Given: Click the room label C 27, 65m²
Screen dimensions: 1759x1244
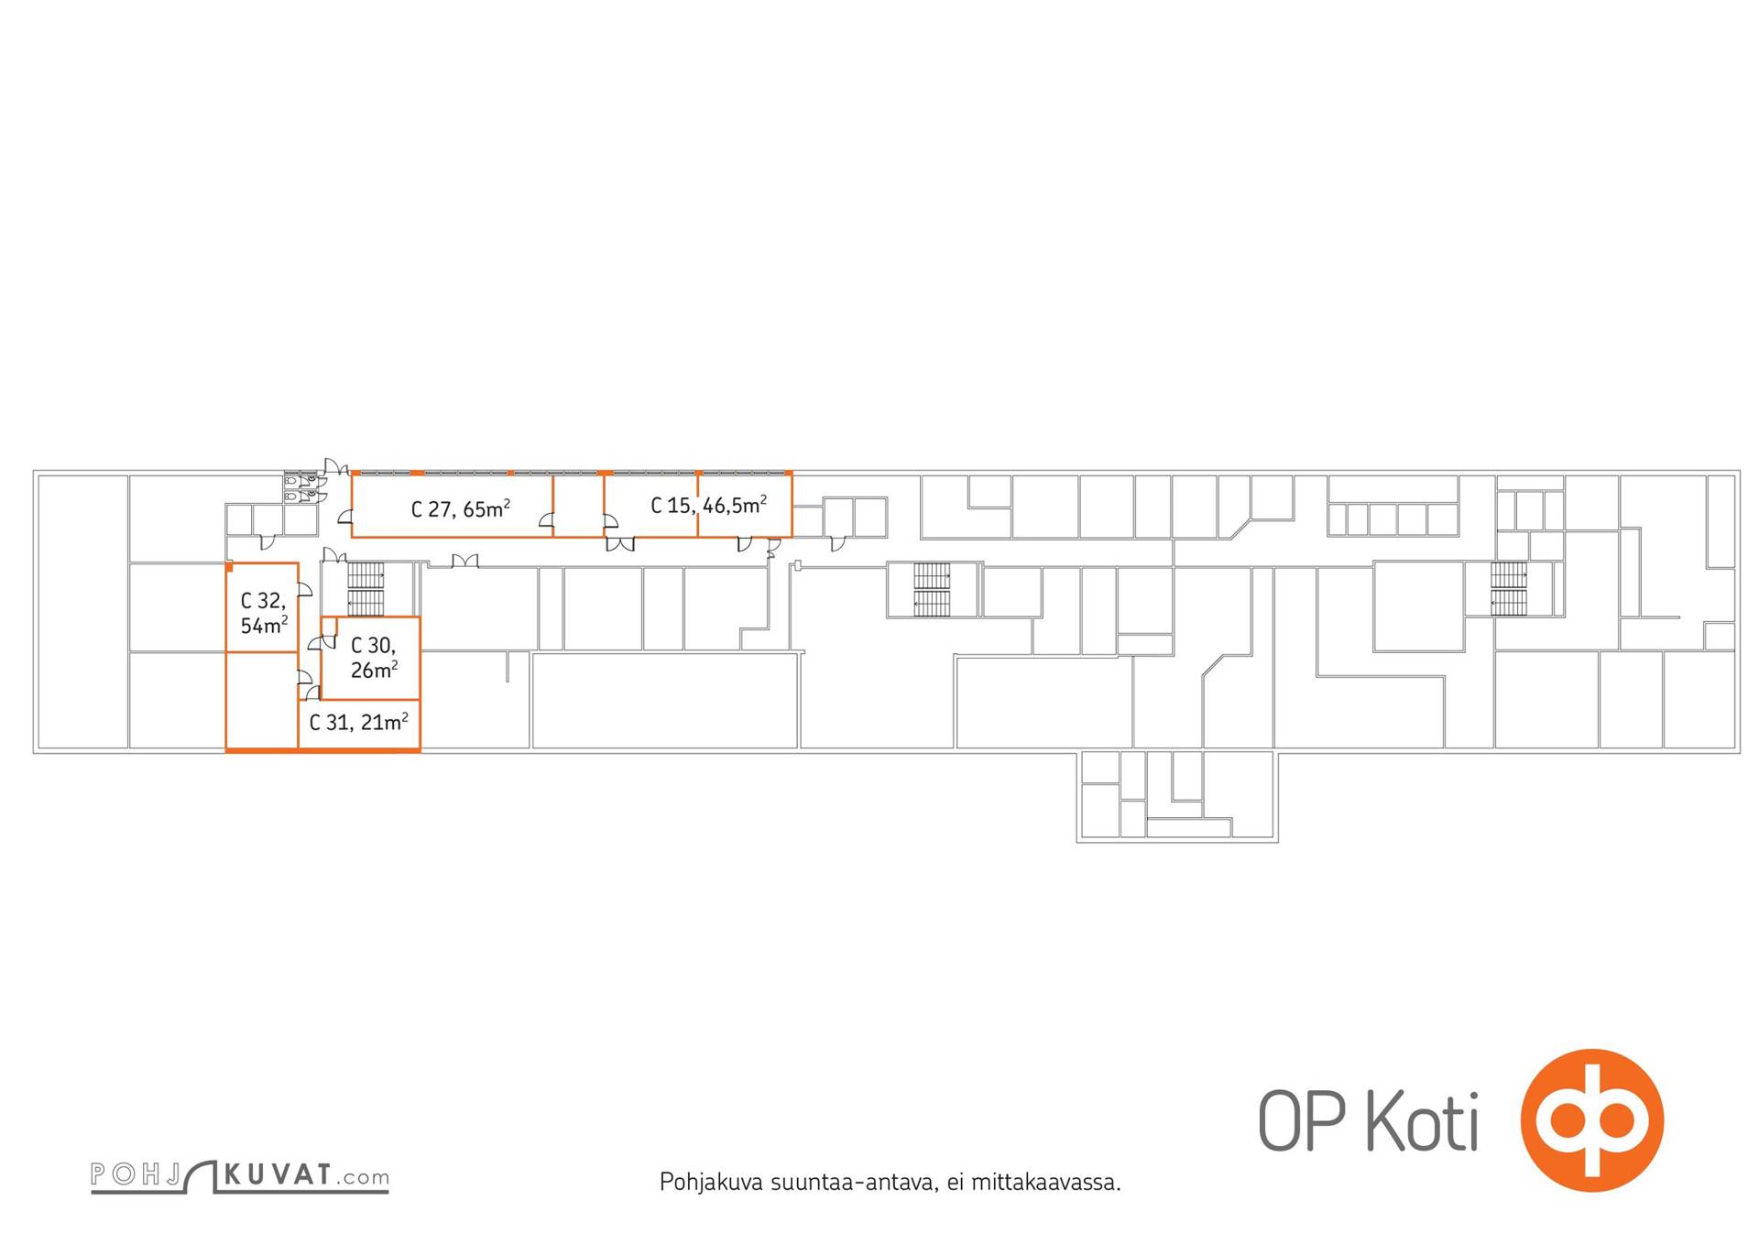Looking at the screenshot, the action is coord(460,508).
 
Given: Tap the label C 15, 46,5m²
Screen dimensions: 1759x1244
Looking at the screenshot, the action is coord(708,505).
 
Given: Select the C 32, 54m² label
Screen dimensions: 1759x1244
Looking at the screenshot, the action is coord(264,613).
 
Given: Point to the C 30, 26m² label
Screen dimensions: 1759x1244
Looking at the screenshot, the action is coord(374,658).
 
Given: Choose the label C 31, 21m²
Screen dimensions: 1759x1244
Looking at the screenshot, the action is coord(358,722).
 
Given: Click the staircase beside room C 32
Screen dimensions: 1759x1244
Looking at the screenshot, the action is coord(366,589).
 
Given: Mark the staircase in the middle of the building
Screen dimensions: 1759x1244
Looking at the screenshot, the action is coord(933,589).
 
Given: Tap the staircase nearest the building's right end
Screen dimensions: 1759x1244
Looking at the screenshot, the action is coord(1509,588).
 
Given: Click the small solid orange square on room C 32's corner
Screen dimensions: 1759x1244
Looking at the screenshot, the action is coord(229,567).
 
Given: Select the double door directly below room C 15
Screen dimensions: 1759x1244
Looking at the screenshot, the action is coord(620,543).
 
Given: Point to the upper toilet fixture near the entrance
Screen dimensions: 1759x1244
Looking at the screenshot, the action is coord(290,480).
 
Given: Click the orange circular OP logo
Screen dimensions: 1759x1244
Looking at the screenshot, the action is coord(1591,1119).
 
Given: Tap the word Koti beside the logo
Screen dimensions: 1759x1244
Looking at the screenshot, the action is coord(1422,1120).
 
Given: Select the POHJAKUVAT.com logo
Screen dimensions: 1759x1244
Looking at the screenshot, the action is coord(239,1176).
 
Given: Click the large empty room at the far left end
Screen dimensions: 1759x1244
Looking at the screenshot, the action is coord(82,612).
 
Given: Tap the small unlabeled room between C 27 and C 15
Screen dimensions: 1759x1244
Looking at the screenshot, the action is coord(578,505).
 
